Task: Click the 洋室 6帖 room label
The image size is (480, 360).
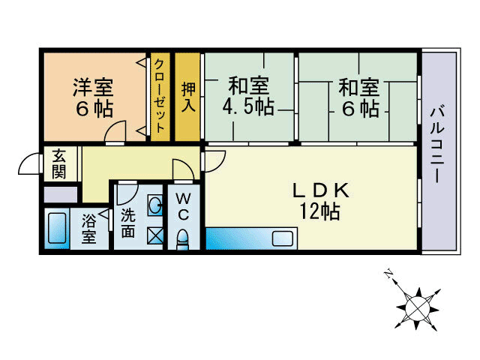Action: pos(94,97)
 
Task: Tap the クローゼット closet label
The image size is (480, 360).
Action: pos(160,95)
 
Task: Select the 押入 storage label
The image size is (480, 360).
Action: pos(188,96)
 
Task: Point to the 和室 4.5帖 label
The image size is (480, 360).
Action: pos(247,97)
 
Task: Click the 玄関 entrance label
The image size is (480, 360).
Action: pos(58,163)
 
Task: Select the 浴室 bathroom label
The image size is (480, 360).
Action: pos(89,229)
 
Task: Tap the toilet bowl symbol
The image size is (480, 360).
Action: pos(182,239)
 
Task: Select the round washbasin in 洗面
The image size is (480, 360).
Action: pos(154,205)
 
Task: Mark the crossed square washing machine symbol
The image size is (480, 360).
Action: pos(154,235)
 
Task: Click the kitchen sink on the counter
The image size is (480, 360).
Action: pos(284,239)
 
